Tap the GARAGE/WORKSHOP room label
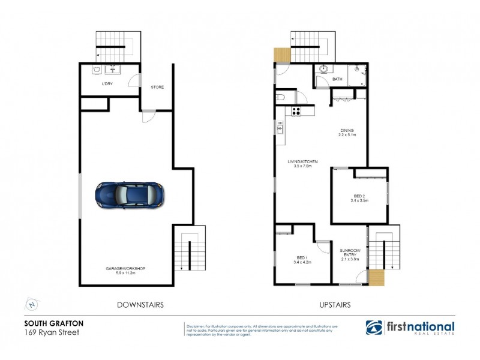pyautogui.click(x=126, y=268)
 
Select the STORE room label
pyautogui.click(x=157, y=87)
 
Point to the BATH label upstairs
pyautogui.click(x=337, y=79)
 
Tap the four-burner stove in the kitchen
pyautogui.click(x=296, y=110)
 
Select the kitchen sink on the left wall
pyautogui.click(x=280, y=127)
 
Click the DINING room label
pyautogui.click(x=347, y=130)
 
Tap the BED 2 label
pyautogui.click(x=359, y=197)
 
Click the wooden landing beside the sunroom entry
pyautogui.click(x=376, y=277)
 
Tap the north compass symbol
pyautogui.click(x=32, y=304)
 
